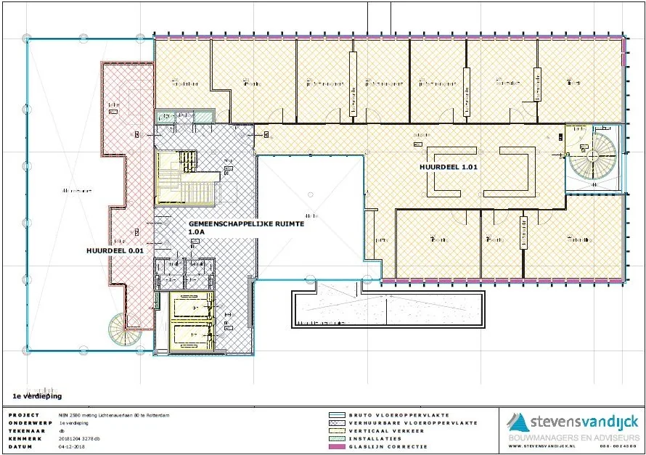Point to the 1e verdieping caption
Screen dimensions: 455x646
click(x=37, y=396)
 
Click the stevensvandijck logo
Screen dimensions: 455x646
click(x=573, y=422)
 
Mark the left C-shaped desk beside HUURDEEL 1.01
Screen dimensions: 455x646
click(x=444, y=171)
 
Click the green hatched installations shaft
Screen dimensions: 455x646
click(x=184, y=116)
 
